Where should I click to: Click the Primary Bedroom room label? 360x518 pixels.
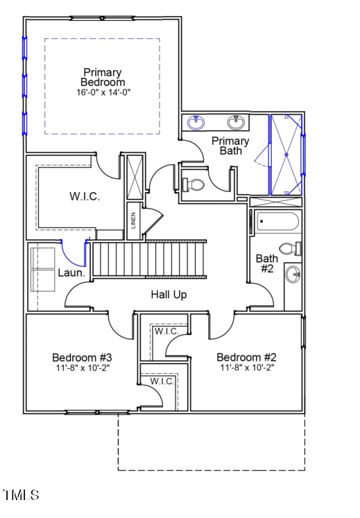pos(102,77)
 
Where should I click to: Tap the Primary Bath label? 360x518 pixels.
pos(230,146)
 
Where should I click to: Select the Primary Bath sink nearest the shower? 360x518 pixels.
pos(237,123)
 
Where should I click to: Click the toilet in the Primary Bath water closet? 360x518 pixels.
pos(194,184)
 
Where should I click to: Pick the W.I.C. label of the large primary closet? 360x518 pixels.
pos(85,196)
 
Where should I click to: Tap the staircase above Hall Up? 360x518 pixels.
pos(149,259)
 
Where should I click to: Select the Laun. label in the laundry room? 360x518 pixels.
pos(71,273)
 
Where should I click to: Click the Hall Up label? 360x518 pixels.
pos(169,295)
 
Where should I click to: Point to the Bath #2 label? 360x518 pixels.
pos(266,264)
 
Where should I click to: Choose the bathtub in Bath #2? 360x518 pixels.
pos(277,222)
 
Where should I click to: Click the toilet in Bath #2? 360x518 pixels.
pos(289,248)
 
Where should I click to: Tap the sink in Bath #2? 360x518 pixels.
pos(293,275)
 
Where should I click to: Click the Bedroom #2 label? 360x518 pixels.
pos(246,358)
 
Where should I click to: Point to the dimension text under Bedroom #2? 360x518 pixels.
pos(246,368)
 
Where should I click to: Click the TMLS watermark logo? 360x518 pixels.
pos(21,495)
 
